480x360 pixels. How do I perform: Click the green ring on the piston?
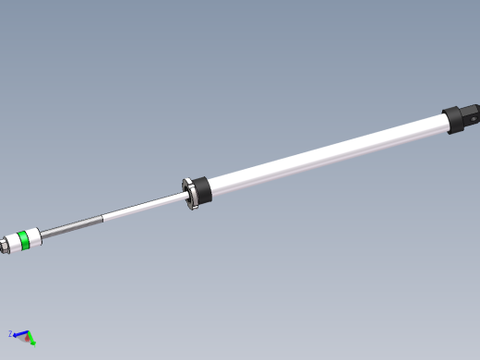coord(25,241)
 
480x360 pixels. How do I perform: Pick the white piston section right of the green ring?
coord(33,237)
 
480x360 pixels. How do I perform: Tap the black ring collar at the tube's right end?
coord(453,120)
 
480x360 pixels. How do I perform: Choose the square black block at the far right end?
coord(471,115)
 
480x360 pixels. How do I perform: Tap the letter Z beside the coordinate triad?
coord(10,333)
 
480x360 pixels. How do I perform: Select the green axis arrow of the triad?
coord(31,341)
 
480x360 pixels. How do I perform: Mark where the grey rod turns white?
coord(101,219)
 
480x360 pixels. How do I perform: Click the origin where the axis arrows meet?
coord(27,336)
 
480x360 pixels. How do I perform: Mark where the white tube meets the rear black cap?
coord(445,123)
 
